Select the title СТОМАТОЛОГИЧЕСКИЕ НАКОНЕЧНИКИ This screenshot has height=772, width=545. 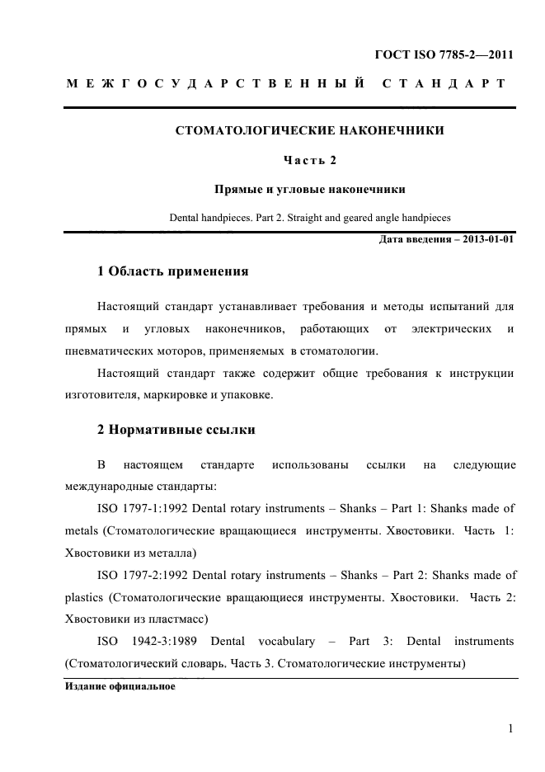point(309,131)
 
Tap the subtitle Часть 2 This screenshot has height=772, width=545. point(309,160)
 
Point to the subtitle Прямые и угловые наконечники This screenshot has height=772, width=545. point(309,189)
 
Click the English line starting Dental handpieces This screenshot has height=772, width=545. point(309,219)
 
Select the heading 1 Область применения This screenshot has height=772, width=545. point(173,271)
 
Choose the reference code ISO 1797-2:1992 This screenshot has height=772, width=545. point(143,575)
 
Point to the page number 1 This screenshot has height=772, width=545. point(511,728)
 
